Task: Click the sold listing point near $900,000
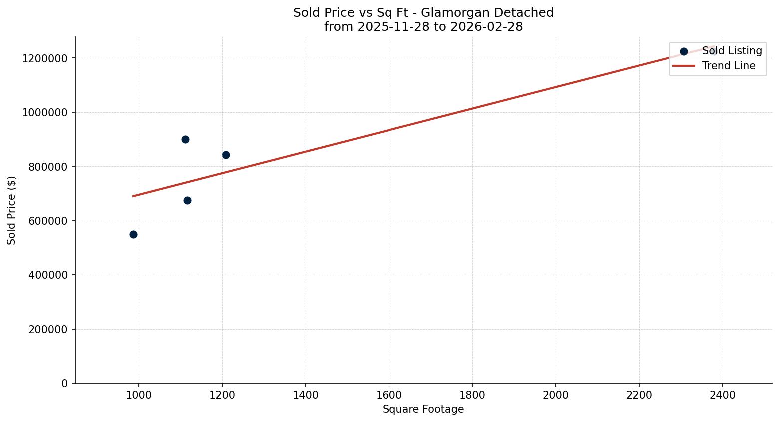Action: click(x=185, y=139)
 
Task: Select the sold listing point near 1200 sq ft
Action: click(x=226, y=155)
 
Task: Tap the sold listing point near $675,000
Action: click(x=187, y=200)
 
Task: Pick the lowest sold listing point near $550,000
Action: click(x=133, y=234)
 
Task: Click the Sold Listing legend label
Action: click(x=732, y=51)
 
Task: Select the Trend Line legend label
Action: click(x=729, y=66)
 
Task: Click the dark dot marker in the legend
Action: click(x=684, y=51)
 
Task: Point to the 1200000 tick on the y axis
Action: click(x=45, y=58)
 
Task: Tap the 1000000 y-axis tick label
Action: click(x=45, y=112)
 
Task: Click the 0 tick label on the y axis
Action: click(x=65, y=383)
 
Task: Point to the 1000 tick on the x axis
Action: click(x=139, y=395)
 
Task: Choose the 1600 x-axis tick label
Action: click(x=389, y=395)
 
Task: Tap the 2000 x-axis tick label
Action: click(x=556, y=395)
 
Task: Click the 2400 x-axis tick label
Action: click(x=723, y=395)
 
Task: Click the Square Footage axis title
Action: click(x=423, y=410)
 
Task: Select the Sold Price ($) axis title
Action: click(x=12, y=210)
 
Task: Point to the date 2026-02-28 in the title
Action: click(x=486, y=27)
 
